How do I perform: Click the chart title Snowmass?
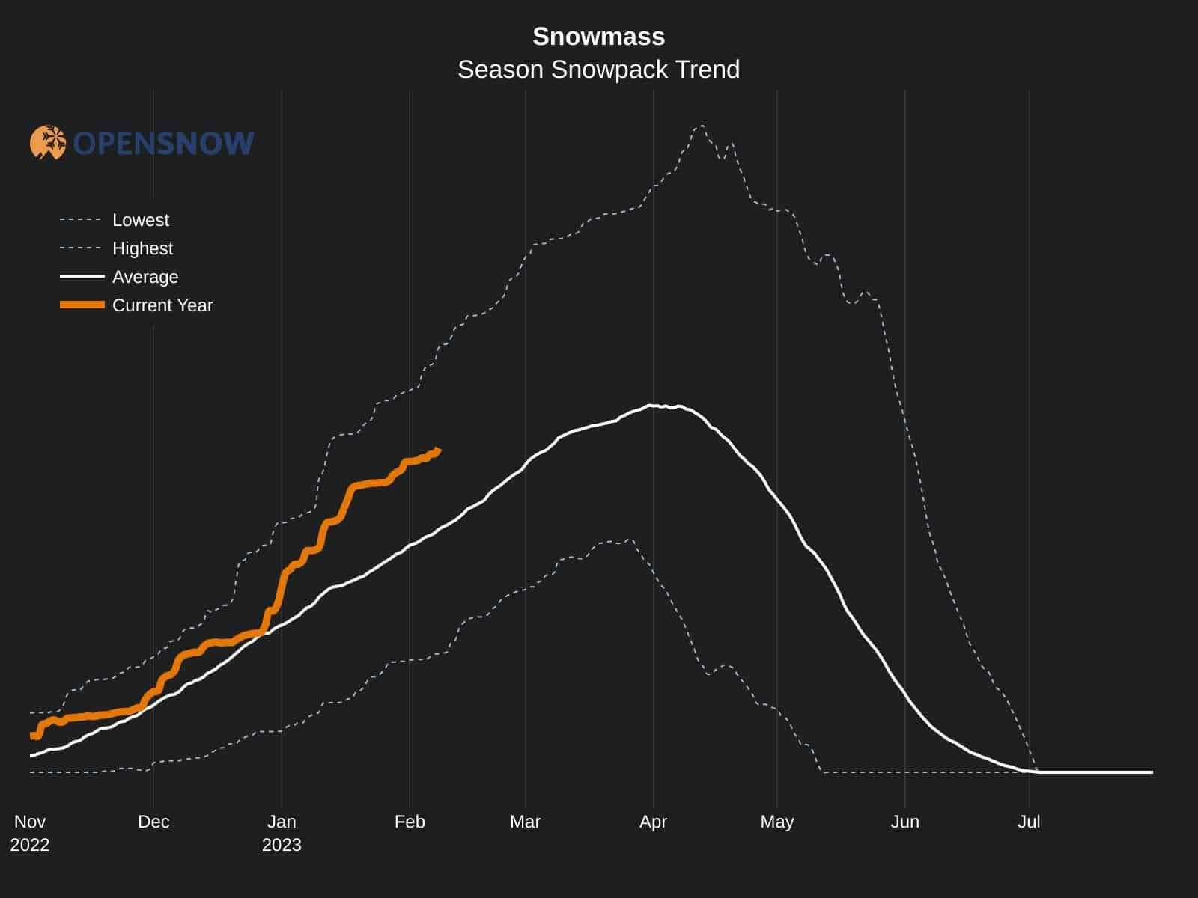(x=598, y=37)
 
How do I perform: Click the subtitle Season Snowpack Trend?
(x=598, y=70)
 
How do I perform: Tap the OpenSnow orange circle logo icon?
(x=48, y=142)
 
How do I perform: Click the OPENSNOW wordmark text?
(x=164, y=143)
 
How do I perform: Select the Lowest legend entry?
(x=140, y=220)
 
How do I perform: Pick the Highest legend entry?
(x=142, y=248)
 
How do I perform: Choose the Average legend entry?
(x=145, y=277)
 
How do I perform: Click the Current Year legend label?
(x=162, y=305)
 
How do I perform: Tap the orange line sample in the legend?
(x=82, y=305)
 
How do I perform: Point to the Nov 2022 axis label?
(x=30, y=833)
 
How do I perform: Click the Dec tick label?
(x=153, y=822)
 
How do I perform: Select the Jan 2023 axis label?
(x=282, y=833)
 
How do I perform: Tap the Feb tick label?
(x=410, y=822)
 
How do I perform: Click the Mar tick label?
(x=525, y=822)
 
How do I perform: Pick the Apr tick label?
(x=653, y=822)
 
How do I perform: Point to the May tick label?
(x=776, y=822)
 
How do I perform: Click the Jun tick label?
(x=904, y=822)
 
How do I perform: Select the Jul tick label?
(x=1029, y=822)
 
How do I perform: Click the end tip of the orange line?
(x=439, y=450)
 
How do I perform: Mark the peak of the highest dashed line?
(x=702, y=126)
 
